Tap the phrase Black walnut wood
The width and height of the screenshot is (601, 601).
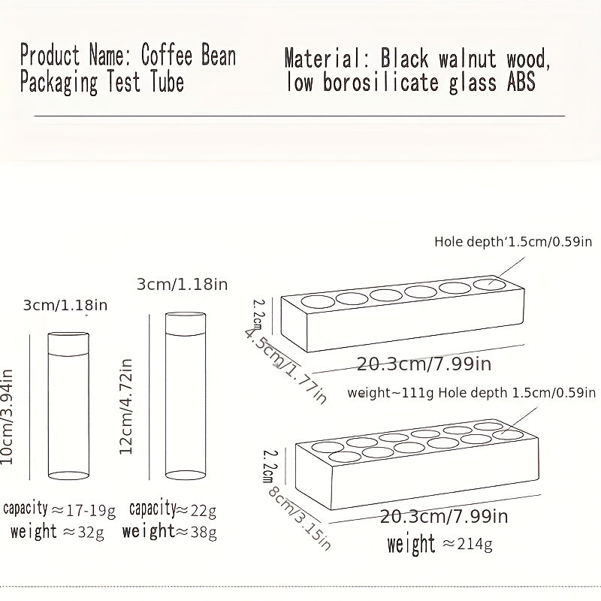coord(466,58)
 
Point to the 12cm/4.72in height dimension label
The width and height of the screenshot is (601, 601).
coord(127,406)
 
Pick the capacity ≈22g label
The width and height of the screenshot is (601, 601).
coord(173,510)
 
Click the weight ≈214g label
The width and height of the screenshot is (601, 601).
coord(439,544)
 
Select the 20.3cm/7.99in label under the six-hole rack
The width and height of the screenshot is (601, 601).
coord(424,365)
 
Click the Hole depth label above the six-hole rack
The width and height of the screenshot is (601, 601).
coord(513,242)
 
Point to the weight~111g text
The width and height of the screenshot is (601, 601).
coord(391,392)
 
